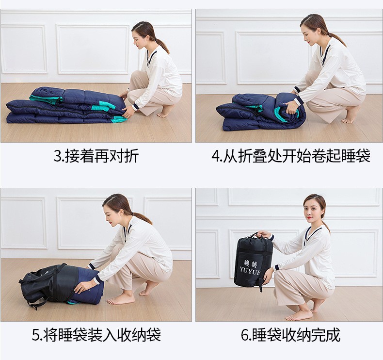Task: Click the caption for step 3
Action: [96, 156]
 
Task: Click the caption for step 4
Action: [290, 156]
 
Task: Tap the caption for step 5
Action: [96, 334]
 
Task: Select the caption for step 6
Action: [290, 334]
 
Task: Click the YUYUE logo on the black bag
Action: [250, 268]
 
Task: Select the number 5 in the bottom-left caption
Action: [35, 335]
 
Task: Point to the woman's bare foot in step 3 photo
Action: [165, 112]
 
